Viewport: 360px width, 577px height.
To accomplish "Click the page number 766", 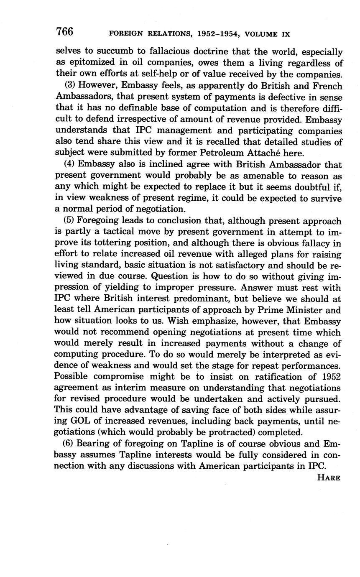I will point(64,31).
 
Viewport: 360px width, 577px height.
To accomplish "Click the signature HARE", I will point(329,477).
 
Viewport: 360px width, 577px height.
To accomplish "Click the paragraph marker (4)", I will point(70,165).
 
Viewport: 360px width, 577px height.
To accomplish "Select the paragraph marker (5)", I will point(70,221).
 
